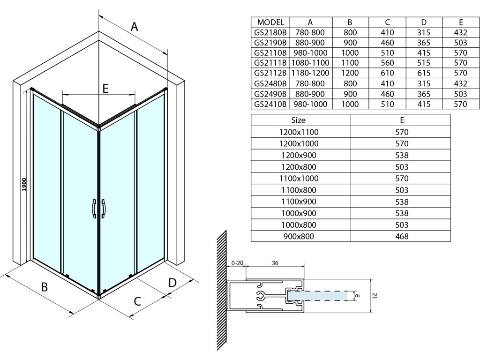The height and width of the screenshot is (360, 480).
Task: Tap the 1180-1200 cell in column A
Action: pos(310,73)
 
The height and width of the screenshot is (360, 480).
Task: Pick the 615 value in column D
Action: pos(424,73)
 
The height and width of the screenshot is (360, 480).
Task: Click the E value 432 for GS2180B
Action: pos(461,32)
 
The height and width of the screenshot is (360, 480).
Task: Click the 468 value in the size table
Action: pos(402,237)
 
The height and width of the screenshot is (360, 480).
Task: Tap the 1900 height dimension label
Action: pos(24,185)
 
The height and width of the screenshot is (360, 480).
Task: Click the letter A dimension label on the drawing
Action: pos(135,27)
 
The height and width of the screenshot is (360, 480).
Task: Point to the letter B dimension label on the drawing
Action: pos(45,287)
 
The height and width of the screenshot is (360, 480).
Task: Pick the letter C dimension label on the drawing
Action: pos(137,301)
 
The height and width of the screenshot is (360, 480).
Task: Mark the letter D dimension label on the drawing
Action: pos(172,282)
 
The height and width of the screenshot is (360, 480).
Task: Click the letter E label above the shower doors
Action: pos(105,88)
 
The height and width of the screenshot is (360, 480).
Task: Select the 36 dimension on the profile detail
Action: pos(275,263)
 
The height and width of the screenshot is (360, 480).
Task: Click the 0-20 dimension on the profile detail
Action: pos(238,263)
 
